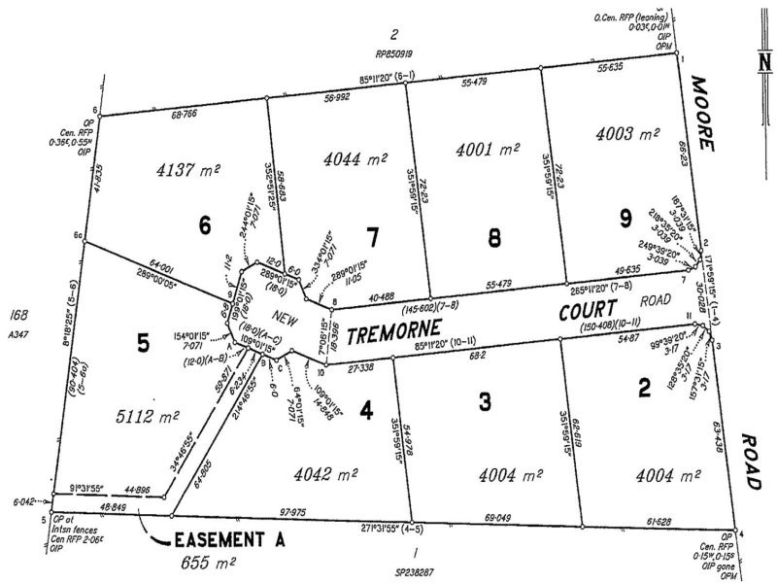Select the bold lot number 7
372,235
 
